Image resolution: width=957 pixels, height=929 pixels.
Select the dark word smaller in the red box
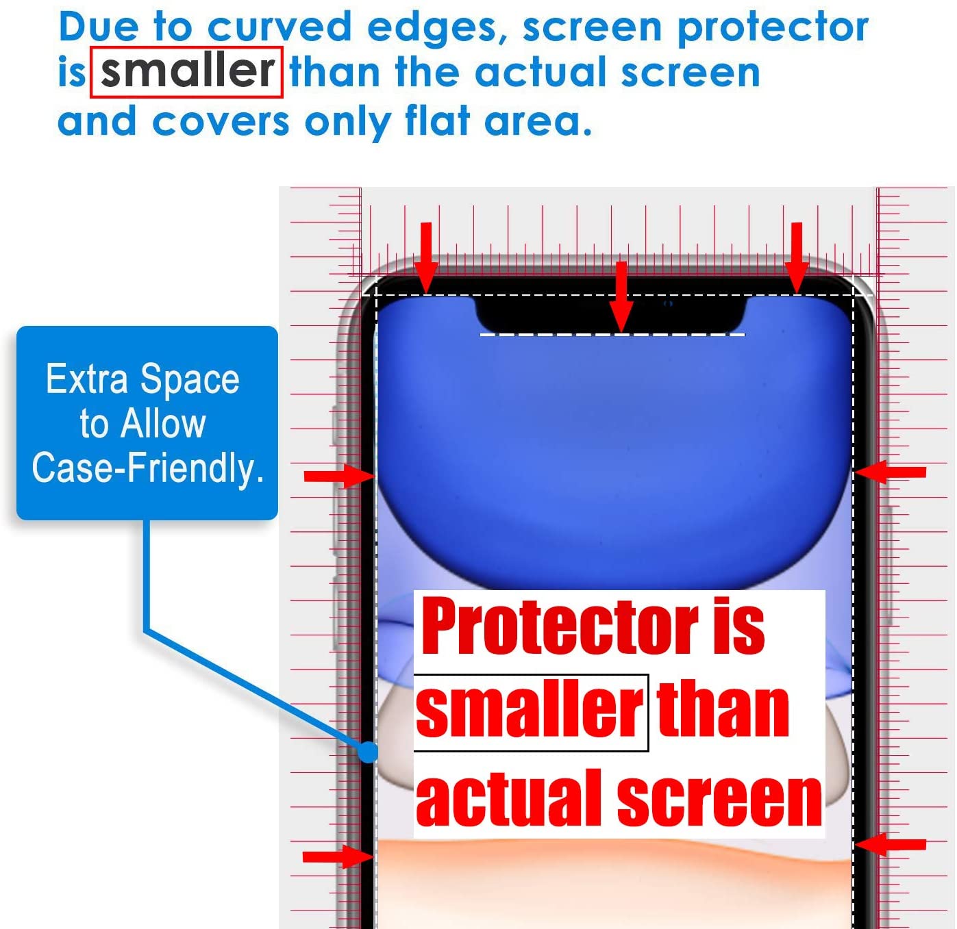coord(187,71)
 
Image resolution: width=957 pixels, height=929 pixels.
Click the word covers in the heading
coord(221,123)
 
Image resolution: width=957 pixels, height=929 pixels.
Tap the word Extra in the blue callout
coord(86,379)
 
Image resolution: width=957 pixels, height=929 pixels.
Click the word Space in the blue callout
coord(190,380)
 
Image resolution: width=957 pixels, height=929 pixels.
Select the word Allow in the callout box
coord(163,424)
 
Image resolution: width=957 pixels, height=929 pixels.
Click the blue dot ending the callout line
coord(367,752)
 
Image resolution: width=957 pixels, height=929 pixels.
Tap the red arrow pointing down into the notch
coord(621,297)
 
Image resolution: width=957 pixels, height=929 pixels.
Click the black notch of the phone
coord(610,313)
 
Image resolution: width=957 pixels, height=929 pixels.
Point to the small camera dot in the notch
coord(667,303)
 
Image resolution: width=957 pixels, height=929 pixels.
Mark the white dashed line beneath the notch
coord(612,335)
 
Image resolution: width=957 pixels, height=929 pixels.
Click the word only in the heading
coord(347,123)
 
